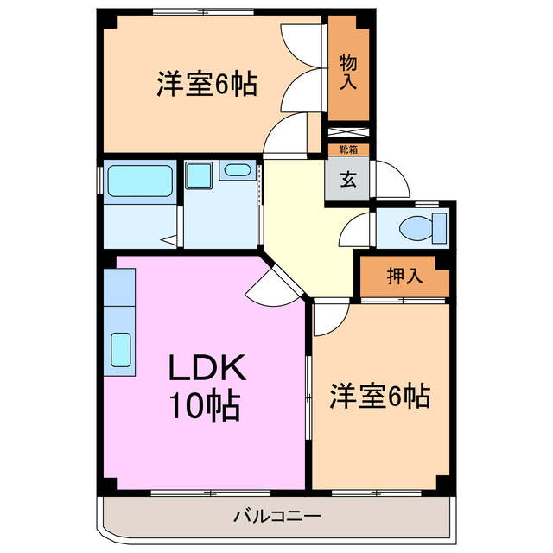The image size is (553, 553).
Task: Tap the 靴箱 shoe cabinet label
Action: pyautogui.click(x=349, y=149)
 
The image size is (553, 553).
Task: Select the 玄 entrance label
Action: pyautogui.click(x=347, y=181)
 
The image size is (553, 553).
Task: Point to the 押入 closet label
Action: pyautogui.click(x=404, y=276)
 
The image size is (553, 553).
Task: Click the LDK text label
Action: pyautogui.click(x=207, y=370)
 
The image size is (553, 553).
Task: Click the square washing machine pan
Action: pyautogui.click(x=200, y=176)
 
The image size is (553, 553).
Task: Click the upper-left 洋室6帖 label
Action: pyautogui.click(x=207, y=86)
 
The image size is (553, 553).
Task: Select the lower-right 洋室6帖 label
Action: pyautogui.click(x=379, y=397)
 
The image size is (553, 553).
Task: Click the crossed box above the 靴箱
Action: pyautogui.click(x=349, y=134)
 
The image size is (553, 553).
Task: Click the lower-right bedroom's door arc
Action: pyautogui.click(x=329, y=317)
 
